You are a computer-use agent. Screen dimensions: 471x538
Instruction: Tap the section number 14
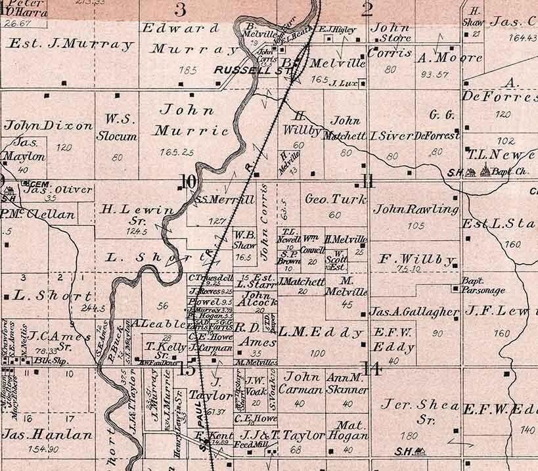pos(372,369)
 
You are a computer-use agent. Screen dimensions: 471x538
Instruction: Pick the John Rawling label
pos(415,210)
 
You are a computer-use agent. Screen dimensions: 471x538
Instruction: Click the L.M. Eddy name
pos(321,332)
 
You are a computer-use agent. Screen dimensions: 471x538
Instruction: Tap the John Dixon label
pos(49,125)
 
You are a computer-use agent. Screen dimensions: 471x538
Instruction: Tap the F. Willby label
pos(418,258)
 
